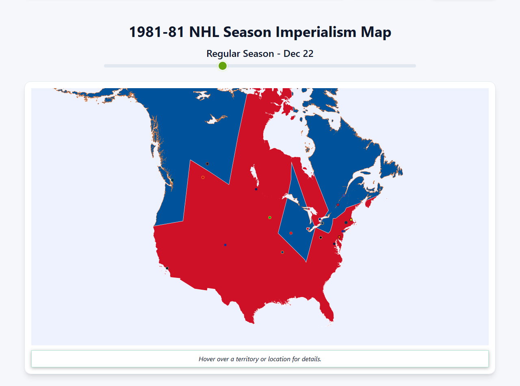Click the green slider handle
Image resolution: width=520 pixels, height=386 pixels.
pos(222,66)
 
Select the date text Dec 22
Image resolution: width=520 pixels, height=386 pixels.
pos(298,54)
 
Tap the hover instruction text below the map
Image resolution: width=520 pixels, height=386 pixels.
pos(260,359)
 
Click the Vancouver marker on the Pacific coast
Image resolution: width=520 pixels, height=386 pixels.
pos(172,180)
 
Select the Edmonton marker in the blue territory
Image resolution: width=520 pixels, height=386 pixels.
pos(207,164)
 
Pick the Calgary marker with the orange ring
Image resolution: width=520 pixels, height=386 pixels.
pos(203,177)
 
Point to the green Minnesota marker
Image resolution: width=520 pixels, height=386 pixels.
pos(269,217)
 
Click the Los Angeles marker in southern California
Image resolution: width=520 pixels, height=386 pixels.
pos(167,268)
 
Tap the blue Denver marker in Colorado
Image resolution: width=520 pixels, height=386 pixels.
pos(225,245)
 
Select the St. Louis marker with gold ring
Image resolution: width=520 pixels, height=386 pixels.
pos(282,252)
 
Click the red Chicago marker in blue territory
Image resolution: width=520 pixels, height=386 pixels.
pos(291,233)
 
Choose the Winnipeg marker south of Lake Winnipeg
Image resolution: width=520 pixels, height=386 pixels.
pos(256,189)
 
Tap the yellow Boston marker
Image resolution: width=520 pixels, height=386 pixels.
pos(351,220)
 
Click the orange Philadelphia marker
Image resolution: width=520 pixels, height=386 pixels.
pos(339,237)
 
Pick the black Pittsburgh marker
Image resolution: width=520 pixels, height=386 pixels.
pos(321,237)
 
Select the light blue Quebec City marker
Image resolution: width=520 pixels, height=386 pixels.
pos(344,195)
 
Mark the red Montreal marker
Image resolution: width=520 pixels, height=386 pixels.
pos(338,205)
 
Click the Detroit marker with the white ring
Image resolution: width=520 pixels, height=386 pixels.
pos(308,229)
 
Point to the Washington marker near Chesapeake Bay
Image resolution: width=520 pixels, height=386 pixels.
pos(334,244)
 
